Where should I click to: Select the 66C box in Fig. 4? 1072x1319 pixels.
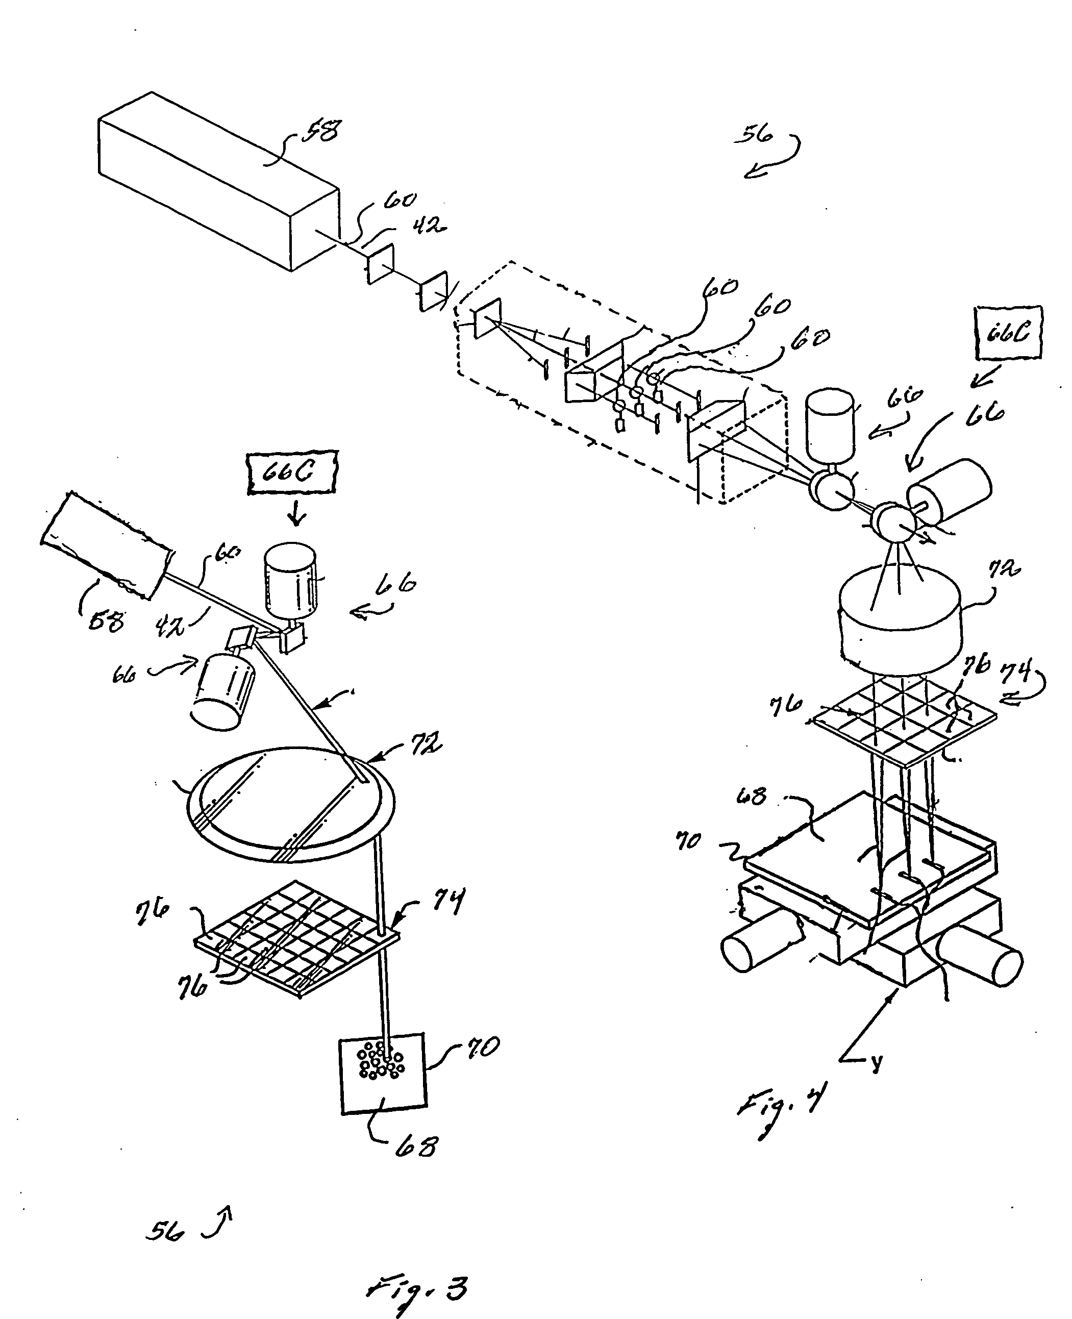1008,332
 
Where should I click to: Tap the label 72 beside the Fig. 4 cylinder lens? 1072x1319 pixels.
1004,567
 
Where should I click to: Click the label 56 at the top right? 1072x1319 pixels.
755,134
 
